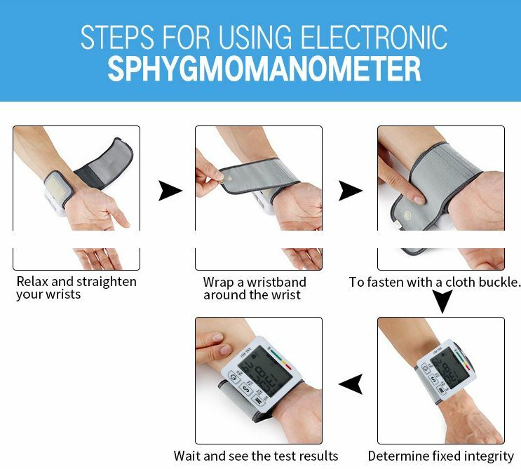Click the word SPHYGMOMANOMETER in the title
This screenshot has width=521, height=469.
click(264, 69)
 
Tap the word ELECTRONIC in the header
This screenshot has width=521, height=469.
click(374, 36)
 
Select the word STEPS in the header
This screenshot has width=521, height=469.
click(117, 36)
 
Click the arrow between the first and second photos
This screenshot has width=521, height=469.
click(170, 191)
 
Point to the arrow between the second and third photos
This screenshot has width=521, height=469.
click(351, 191)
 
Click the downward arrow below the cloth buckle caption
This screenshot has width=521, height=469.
click(442, 301)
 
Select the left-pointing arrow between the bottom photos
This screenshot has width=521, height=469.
click(351, 384)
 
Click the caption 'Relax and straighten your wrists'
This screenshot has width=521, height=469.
click(76, 287)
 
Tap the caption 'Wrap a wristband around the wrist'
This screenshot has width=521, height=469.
click(255, 288)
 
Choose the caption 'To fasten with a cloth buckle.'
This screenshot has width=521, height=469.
click(433, 283)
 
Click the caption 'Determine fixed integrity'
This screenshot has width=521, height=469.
click(441, 456)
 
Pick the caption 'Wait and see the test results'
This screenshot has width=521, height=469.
click(256, 456)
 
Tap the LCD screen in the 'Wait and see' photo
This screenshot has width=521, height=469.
click(265, 372)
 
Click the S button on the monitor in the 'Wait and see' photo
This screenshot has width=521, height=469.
click(246, 388)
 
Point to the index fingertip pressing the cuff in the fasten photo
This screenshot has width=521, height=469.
click(419, 199)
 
